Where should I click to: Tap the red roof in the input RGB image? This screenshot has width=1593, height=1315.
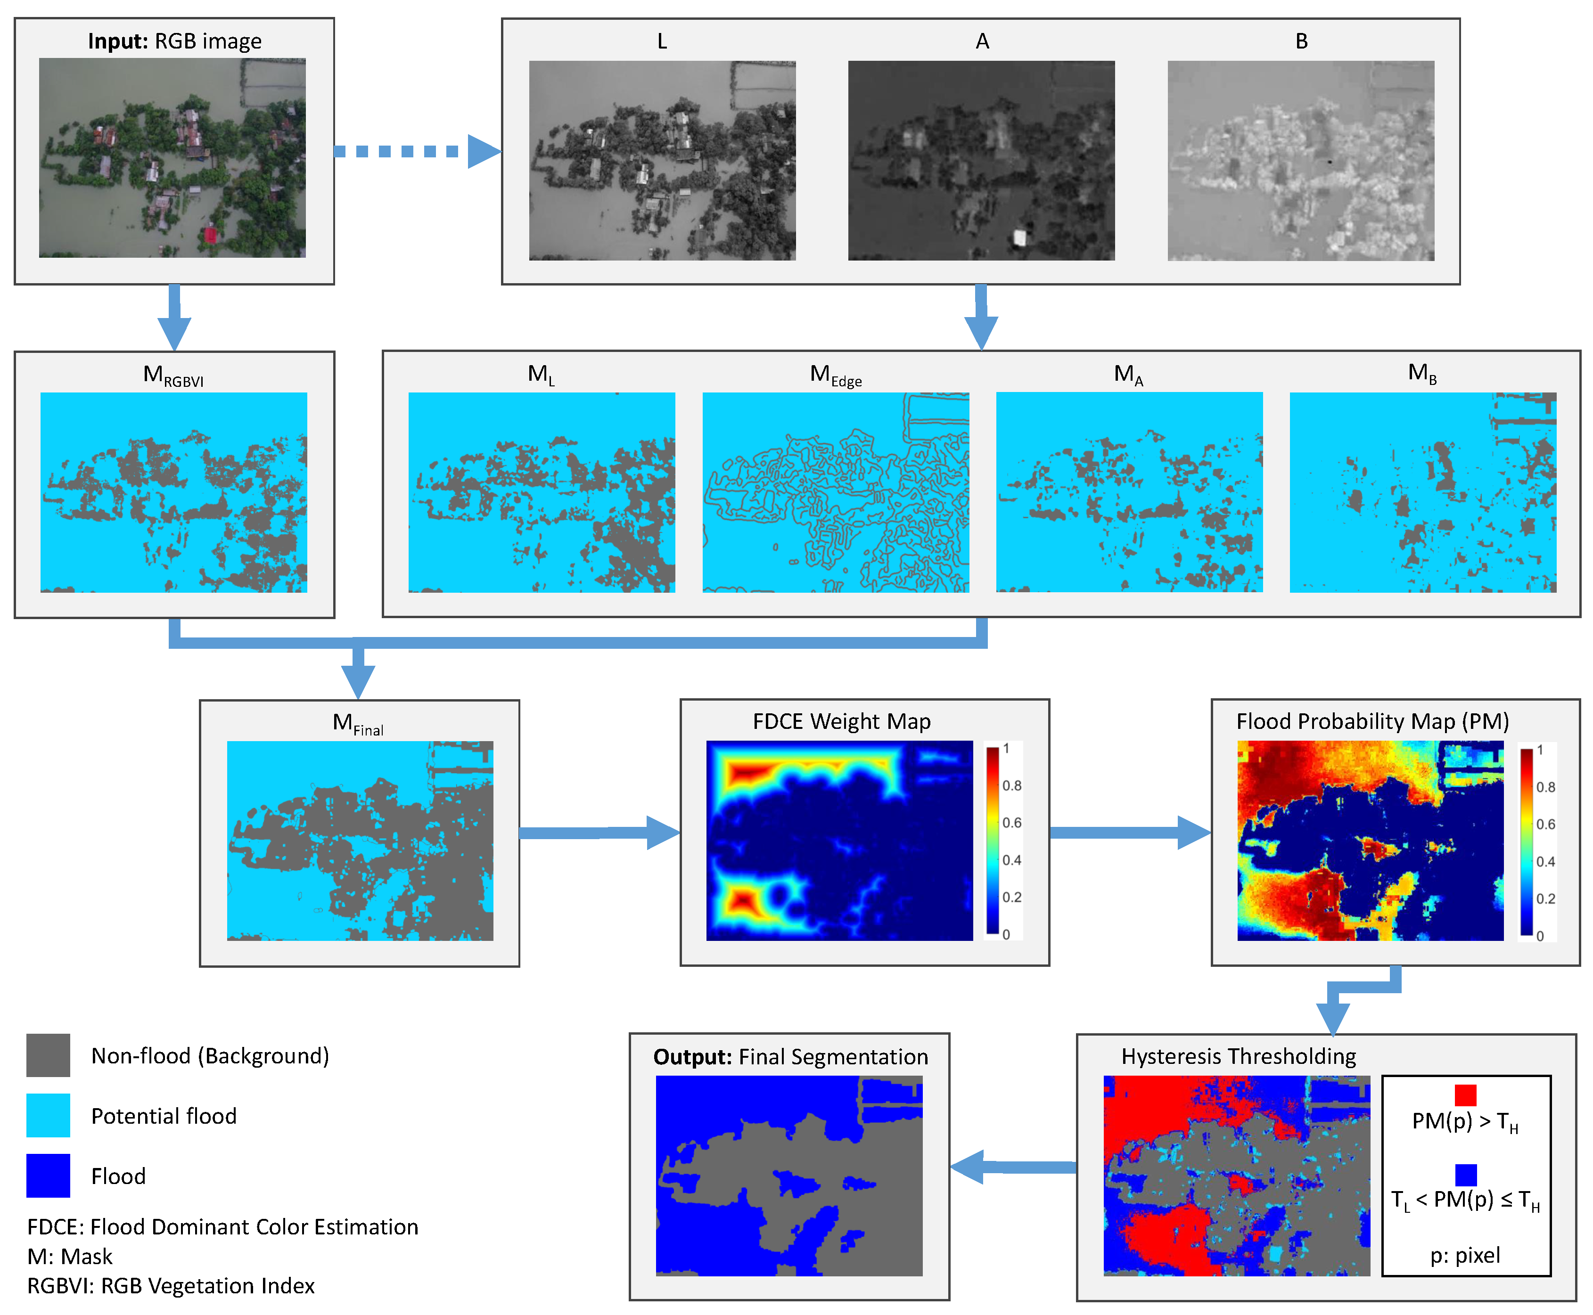tap(210, 234)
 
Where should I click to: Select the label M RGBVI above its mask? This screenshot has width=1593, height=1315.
tap(173, 375)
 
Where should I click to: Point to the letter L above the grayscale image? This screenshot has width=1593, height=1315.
tap(662, 41)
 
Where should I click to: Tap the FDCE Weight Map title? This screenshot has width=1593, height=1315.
tap(841, 721)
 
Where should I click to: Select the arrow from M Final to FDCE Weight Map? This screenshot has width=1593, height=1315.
tap(599, 833)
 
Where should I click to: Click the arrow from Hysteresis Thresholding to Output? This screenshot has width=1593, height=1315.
tap(1012, 1167)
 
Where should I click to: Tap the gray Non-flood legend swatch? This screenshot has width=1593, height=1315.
tap(48, 1055)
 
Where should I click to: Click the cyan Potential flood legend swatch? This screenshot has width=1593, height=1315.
tap(48, 1115)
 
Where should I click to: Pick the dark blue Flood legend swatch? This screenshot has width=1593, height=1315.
tap(48, 1175)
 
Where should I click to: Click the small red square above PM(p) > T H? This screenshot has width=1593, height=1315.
tap(1465, 1095)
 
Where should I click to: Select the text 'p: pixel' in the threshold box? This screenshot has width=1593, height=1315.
tap(1464, 1255)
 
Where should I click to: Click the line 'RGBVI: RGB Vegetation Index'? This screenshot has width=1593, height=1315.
tap(171, 1285)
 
